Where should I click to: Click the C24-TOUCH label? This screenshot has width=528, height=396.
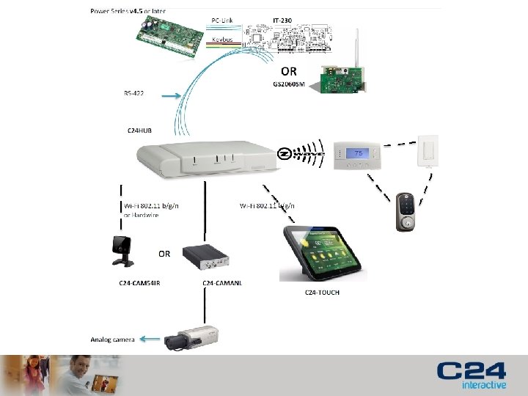pyautogui.click(x=322, y=293)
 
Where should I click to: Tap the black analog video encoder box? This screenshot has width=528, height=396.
pyautogui.click(x=206, y=255)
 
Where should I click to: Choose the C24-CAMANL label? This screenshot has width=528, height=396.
pyautogui.click(x=222, y=282)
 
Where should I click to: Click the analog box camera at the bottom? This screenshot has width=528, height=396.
pyautogui.click(x=191, y=337)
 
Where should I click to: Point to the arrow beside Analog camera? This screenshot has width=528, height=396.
pyautogui.click(x=150, y=339)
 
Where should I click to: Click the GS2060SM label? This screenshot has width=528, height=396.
pyautogui.click(x=288, y=84)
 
